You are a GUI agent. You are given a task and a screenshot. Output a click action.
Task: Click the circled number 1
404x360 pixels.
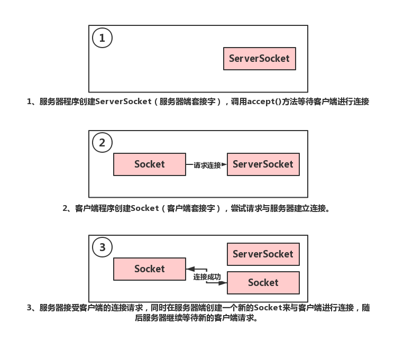click(x=102, y=38)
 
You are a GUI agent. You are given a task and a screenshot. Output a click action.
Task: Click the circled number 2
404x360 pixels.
click(x=102, y=143)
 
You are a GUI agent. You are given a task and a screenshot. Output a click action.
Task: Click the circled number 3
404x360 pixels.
click(x=102, y=247)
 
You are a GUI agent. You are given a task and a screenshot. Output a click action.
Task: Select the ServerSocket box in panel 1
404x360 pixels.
click(x=259, y=59)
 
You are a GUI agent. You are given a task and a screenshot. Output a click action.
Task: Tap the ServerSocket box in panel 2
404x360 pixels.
click(x=263, y=164)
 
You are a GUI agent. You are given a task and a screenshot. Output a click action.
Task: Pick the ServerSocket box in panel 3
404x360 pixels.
click(x=263, y=254)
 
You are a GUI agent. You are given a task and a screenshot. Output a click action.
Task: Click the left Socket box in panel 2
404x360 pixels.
click(x=150, y=164)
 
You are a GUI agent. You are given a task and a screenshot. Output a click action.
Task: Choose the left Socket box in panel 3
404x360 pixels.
click(x=150, y=269)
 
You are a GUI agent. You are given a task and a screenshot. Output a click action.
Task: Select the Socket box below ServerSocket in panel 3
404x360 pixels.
click(x=263, y=283)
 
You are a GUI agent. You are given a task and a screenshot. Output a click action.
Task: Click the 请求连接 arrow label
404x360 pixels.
click(x=207, y=165)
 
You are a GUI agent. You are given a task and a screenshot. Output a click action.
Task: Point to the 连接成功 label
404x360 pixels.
click(x=207, y=277)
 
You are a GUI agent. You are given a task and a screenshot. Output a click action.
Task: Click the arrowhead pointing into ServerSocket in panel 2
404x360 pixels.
click(x=224, y=165)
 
